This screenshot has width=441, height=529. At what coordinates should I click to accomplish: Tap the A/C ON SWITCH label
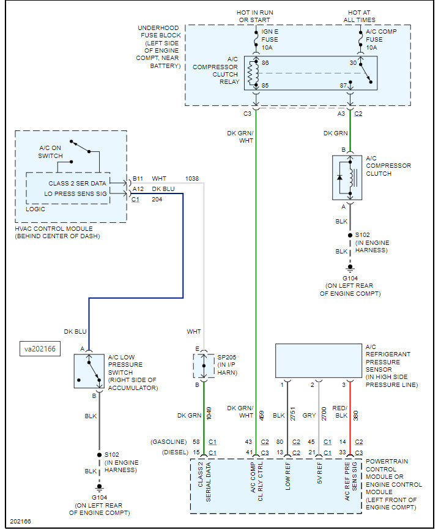click(x=51, y=152)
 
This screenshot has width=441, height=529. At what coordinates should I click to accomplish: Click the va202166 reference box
click(x=39, y=350)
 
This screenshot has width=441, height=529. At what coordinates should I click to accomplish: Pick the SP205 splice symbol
click(x=204, y=366)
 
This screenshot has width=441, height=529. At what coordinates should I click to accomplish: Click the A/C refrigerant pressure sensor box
click(x=318, y=360)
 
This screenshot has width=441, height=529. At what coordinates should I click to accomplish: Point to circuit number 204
click(x=157, y=199)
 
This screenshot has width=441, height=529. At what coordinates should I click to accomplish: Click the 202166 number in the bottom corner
click(x=20, y=522)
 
